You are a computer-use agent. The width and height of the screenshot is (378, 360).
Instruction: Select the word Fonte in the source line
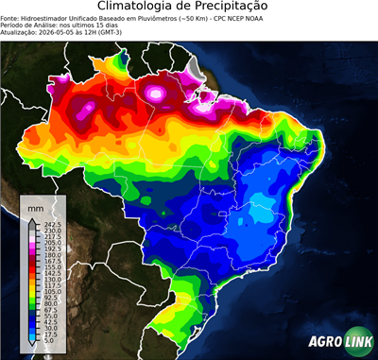click(x=10, y=18)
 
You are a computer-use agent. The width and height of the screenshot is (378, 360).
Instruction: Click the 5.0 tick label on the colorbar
click(x=49, y=342)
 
